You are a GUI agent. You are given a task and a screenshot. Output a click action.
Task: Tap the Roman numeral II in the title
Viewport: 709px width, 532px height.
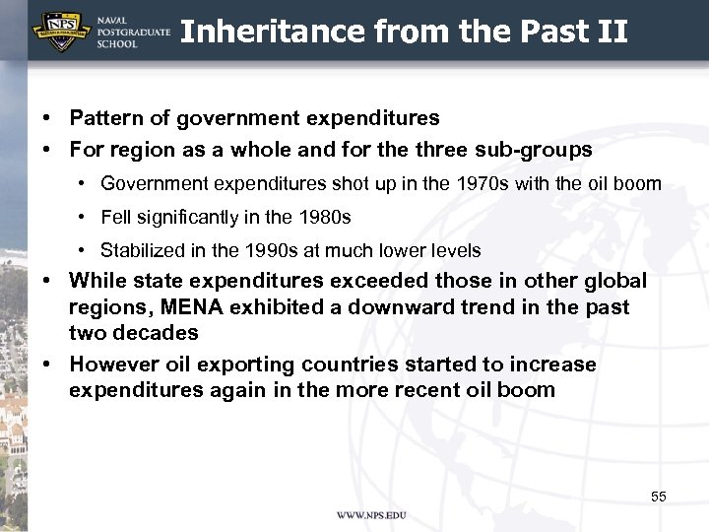(612, 33)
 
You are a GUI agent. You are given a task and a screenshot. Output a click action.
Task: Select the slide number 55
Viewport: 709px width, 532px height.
(658, 497)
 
